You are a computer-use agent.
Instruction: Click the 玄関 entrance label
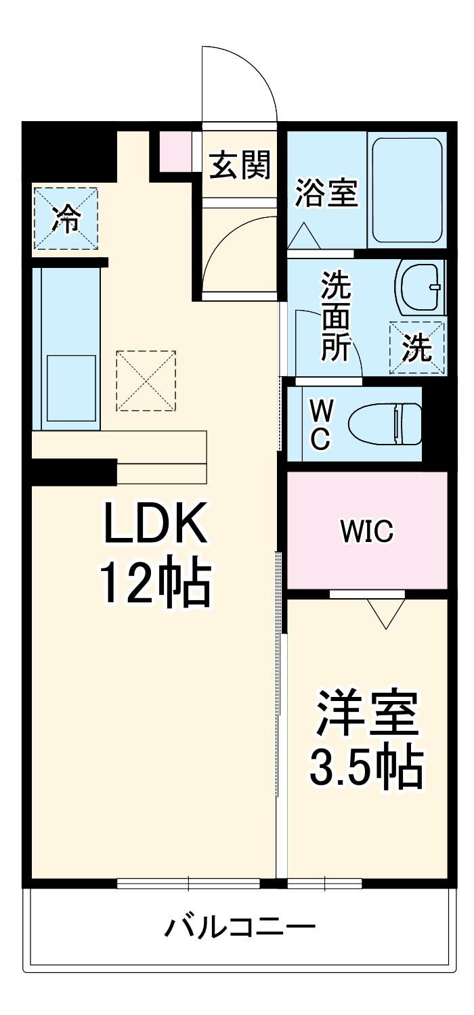240,165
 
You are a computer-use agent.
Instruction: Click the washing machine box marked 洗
417,347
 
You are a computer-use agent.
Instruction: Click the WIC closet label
367,532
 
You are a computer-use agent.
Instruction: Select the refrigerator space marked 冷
66,219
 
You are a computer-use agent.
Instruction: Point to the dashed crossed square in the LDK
146,380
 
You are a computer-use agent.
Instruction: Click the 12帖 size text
155,582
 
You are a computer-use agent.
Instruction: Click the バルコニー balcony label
240,926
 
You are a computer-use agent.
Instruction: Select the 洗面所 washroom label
337,316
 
